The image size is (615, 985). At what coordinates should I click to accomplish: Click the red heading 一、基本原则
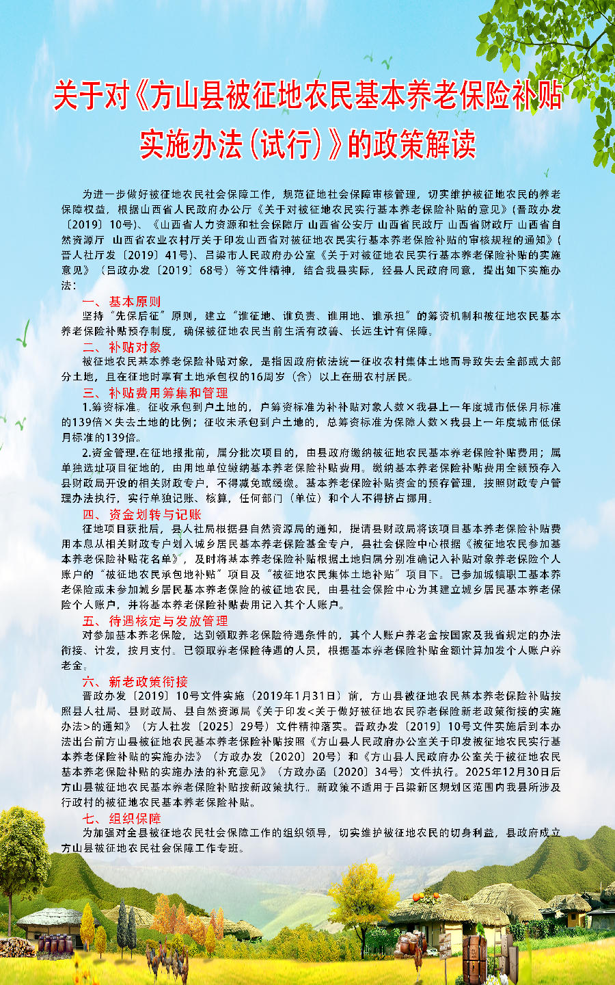tap(122, 301)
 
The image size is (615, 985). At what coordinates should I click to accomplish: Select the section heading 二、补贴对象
tap(122, 347)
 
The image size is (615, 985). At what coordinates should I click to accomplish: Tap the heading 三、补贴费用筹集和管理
tap(155, 393)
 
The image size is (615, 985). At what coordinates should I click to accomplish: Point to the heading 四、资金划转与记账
tap(142, 514)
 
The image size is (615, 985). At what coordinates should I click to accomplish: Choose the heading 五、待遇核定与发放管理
tap(155, 620)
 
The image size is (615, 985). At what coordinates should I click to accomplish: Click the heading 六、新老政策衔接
tap(135, 681)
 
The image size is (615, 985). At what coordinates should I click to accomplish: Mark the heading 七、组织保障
tap(122, 818)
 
